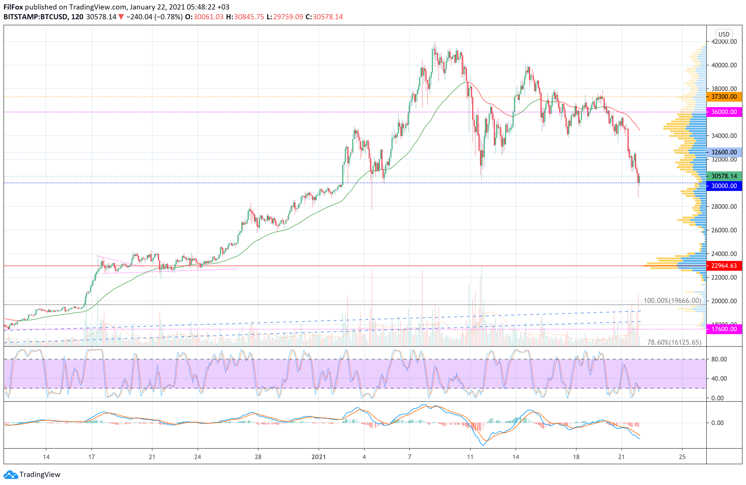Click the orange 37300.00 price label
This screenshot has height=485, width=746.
(x=724, y=97)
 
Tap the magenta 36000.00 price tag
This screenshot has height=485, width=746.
(x=724, y=112)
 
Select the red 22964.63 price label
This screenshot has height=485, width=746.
(x=724, y=266)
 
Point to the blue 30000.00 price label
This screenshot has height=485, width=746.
(x=724, y=186)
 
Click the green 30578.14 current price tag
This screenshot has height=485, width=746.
(x=724, y=176)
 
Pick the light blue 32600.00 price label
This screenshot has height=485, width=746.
(x=724, y=152)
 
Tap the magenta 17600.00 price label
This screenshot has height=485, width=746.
(x=724, y=329)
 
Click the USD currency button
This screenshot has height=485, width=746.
(x=724, y=34)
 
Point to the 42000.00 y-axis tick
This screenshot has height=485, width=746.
(x=724, y=42)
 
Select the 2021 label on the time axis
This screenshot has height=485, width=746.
(x=319, y=457)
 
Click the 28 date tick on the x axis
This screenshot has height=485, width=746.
(x=258, y=457)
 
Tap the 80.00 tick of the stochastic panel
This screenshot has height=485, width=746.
(x=719, y=359)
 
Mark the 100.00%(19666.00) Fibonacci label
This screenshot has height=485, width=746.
(x=672, y=301)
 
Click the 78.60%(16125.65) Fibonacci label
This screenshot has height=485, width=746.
(x=674, y=342)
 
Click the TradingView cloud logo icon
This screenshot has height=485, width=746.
(x=11, y=475)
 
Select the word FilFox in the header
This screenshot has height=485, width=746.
(x=13, y=7)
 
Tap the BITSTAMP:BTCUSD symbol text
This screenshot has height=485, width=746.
(x=35, y=17)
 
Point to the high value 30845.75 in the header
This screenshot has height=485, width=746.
(x=249, y=17)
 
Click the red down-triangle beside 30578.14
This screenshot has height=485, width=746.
(x=121, y=17)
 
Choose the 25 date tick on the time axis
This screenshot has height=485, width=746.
(x=682, y=457)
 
